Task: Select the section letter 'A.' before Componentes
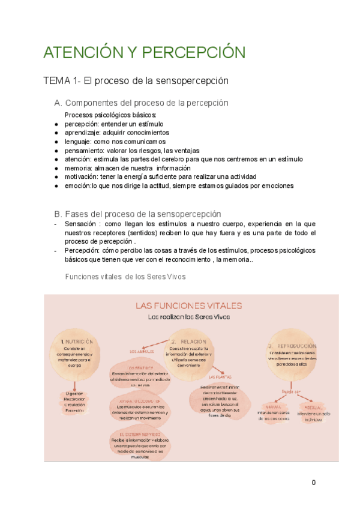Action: point(58,103)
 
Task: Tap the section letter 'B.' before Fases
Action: point(58,214)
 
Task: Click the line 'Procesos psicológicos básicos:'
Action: point(110,115)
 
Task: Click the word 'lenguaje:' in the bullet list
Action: point(79,142)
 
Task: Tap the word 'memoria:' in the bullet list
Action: point(79,168)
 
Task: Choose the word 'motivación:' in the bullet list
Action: point(82,177)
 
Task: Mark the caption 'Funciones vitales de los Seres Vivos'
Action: point(125,277)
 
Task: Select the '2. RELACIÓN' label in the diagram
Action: point(188,341)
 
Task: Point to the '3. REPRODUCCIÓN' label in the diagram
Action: point(292,346)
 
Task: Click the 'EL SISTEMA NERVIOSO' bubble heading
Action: point(139,433)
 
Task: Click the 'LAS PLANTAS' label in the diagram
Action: point(221,377)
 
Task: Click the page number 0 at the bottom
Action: point(313,483)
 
